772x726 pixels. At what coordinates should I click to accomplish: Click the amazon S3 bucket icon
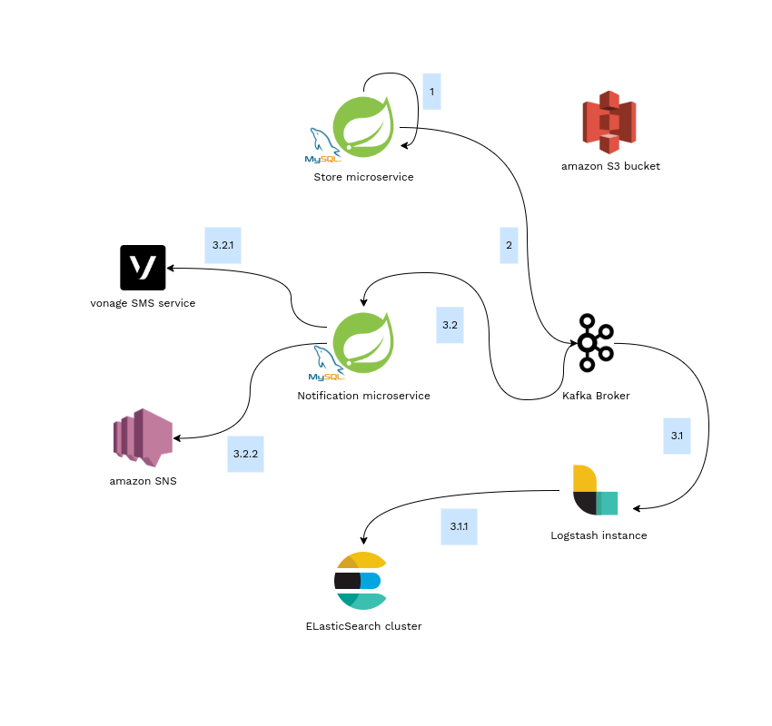point(609,123)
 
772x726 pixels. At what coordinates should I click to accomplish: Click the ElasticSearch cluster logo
point(361,581)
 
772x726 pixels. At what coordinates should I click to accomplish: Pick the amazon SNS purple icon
point(143,437)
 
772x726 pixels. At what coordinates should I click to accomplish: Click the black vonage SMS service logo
point(143,268)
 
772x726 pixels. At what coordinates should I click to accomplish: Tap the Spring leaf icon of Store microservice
point(363,125)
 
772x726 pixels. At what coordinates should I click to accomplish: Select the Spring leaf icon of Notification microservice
point(363,342)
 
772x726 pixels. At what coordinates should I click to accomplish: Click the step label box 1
point(431,92)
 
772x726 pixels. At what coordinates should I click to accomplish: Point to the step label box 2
point(509,245)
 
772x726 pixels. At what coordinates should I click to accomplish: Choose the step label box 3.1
point(677,437)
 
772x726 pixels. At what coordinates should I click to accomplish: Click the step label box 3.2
point(450,325)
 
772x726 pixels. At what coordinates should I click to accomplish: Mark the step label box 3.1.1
point(459,526)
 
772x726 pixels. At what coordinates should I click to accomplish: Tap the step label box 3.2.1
point(223,245)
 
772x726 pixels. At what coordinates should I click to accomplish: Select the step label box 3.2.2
point(245,454)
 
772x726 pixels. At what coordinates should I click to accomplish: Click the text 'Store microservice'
point(363,177)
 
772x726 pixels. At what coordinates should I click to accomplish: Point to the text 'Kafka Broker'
point(596,396)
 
